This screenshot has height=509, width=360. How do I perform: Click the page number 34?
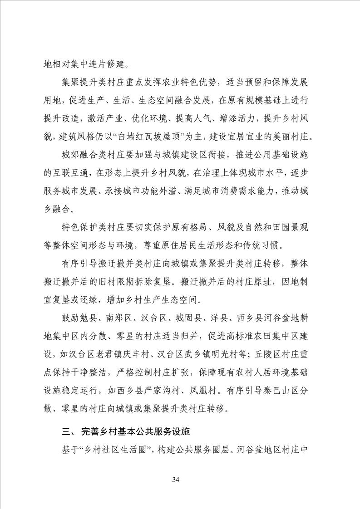point(180,480)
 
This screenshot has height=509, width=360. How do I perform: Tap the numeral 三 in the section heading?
point(65,432)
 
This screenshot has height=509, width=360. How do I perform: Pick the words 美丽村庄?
point(291,137)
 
